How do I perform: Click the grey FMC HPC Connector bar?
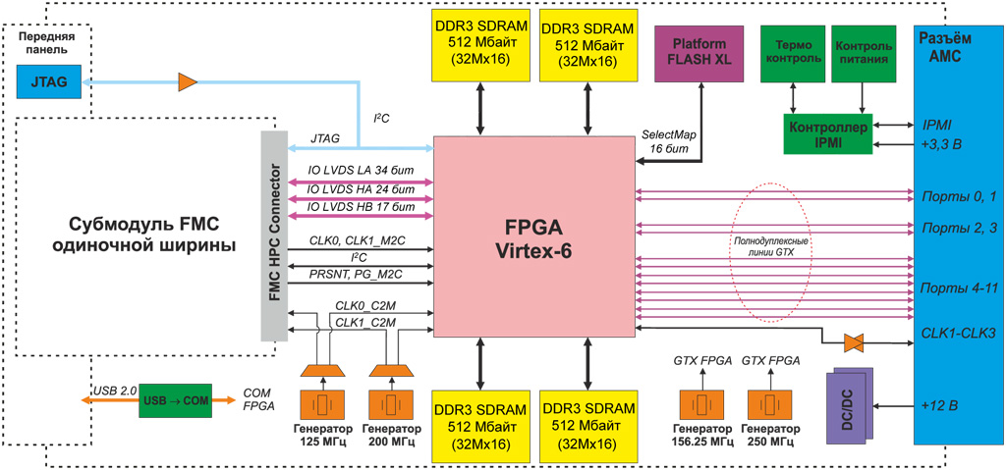coord(276,235)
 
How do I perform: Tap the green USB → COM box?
coord(175,399)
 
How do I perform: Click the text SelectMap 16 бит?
coord(671,140)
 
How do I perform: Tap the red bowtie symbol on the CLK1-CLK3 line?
coord(854,342)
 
